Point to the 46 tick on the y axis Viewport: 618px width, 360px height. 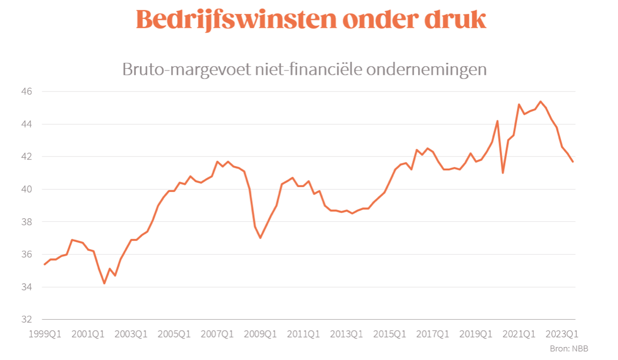27,92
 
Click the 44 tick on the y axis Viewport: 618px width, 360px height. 27,124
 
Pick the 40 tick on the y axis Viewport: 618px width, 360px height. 27,189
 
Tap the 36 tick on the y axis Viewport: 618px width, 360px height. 27,254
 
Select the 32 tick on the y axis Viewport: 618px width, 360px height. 27,319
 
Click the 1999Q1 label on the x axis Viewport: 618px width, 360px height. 45,334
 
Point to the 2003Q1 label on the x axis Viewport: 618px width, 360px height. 131,334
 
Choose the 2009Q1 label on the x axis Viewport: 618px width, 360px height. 261,334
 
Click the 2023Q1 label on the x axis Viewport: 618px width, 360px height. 562,334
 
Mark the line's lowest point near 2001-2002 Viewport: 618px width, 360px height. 104,283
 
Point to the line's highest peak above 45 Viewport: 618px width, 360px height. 541,102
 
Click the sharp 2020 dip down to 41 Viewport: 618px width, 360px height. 503,172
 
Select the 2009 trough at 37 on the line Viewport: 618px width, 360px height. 260,237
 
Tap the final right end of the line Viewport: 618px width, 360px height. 573,162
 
